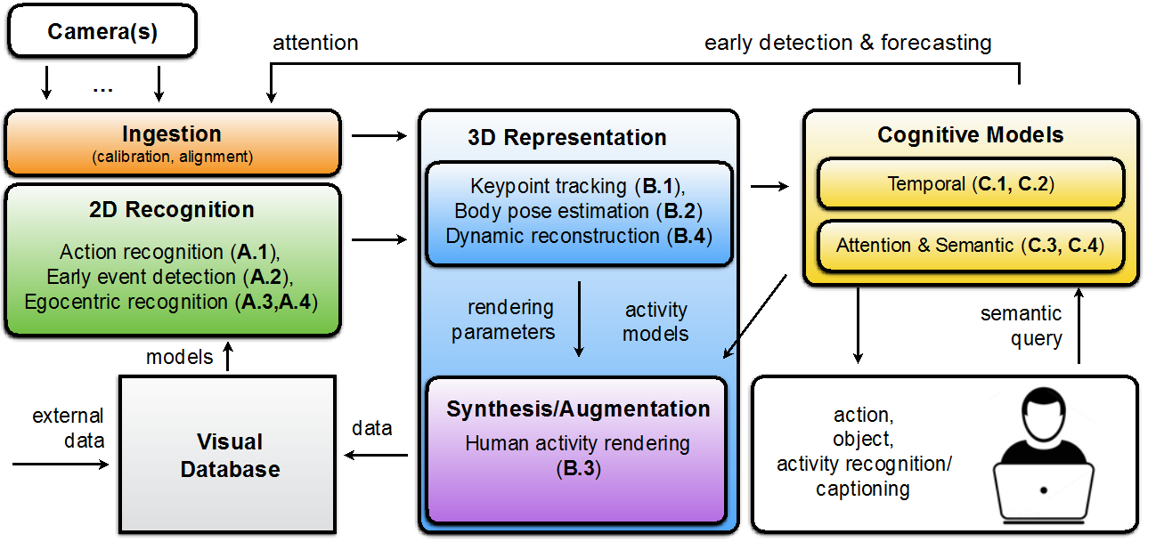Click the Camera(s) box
(x=102, y=33)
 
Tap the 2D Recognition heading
(x=172, y=210)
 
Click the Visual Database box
(x=228, y=454)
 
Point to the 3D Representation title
(x=566, y=138)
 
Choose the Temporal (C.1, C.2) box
(x=971, y=184)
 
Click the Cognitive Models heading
(x=971, y=135)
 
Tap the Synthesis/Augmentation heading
(x=578, y=409)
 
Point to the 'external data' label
(x=68, y=428)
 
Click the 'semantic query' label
(x=1022, y=326)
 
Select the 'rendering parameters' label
(x=503, y=319)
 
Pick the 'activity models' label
(x=655, y=321)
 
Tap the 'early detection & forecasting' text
(x=848, y=43)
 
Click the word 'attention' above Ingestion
(x=315, y=43)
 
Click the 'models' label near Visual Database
(x=180, y=357)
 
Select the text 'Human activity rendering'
(x=577, y=443)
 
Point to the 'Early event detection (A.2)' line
(x=169, y=277)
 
